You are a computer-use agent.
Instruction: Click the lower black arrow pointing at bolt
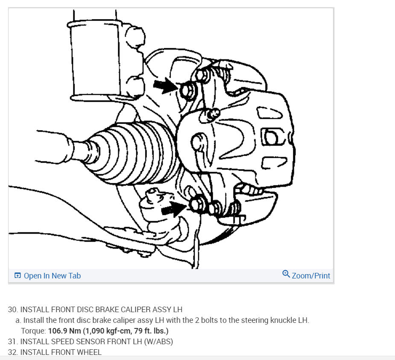pos(174,208)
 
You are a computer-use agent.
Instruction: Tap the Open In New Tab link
pos(52,275)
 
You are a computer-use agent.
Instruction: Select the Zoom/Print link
pos(311,275)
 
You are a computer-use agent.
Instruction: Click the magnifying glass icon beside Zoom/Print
pos(286,274)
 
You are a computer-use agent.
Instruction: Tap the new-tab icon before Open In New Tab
pos(18,275)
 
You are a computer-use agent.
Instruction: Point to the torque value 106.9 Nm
pos(64,331)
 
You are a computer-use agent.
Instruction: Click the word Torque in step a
pos(33,331)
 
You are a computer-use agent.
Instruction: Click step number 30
pos(13,309)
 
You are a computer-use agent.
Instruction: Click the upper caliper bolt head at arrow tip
pos(187,90)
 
